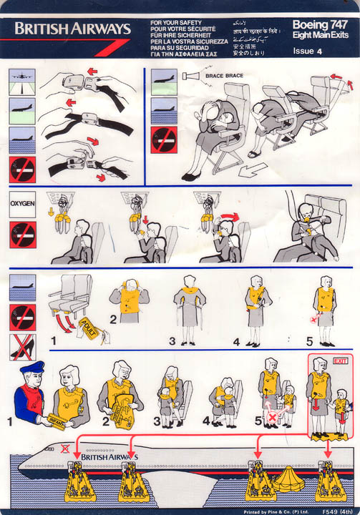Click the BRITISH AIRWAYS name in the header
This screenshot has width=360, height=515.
click(72, 29)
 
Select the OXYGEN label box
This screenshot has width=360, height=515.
click(21, 203)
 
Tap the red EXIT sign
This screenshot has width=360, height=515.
click(340, 361)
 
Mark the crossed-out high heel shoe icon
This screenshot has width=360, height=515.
click(21, 347)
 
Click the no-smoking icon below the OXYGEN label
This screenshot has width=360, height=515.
click(22, 234)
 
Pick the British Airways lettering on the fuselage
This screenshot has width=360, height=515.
click(110, 456)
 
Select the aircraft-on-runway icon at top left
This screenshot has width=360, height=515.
click(21, 80)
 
